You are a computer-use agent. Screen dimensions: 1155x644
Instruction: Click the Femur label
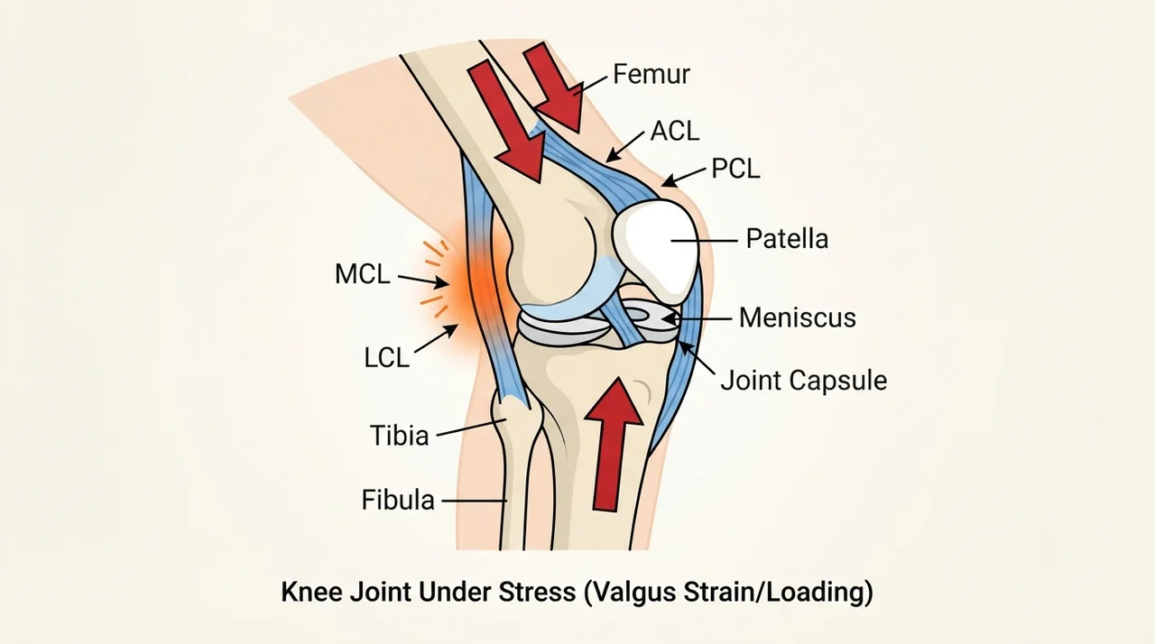click(651, 74)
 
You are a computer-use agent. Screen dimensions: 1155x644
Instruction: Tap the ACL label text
click(674, 131)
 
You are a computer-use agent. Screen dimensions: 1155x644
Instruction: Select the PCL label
click(735, 169)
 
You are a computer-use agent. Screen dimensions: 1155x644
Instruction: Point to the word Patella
click(788, 238)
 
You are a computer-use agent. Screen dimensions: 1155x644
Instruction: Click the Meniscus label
click(797, 317)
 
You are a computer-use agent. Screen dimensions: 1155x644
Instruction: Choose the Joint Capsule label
click(803, 381)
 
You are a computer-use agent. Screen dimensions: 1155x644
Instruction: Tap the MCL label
click(363, 273)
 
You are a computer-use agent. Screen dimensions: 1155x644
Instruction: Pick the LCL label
click(387, 357)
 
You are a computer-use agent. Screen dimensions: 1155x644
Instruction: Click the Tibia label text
click(400, 436)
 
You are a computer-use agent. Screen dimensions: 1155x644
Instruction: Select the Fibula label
click(398, 500)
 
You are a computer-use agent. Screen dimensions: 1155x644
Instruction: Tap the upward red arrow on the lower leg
click(614, 444)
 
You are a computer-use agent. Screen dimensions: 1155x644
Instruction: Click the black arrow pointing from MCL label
click(423, 281)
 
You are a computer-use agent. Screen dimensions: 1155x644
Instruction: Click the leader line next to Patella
click(704, 241)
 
